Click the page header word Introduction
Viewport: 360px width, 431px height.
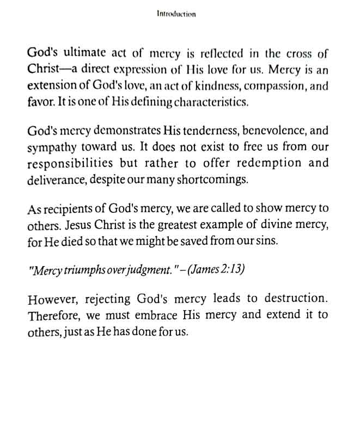tap(175, 14)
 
